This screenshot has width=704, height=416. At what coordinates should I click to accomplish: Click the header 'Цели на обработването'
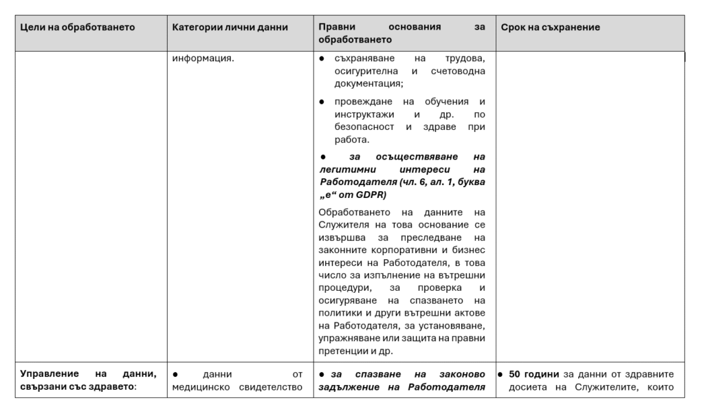coord(78,28)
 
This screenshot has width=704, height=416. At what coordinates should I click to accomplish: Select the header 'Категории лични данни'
coord(230,28)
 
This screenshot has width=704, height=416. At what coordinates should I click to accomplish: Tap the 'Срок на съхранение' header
coord(550,28)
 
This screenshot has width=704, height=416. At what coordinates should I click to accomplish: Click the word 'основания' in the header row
coord(415,28)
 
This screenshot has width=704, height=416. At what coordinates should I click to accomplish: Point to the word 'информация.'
coord(203,58)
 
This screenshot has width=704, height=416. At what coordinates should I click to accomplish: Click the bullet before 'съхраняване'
coord(322,58)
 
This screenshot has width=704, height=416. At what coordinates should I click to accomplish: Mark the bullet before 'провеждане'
coord(322,102)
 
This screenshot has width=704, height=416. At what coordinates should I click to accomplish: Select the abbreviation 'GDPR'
coord(372,195)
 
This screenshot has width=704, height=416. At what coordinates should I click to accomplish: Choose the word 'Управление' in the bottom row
coord(49,374)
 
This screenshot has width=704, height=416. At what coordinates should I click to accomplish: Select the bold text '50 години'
coord(534,374)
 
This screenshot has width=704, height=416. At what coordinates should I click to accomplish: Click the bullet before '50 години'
coord(502,374)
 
